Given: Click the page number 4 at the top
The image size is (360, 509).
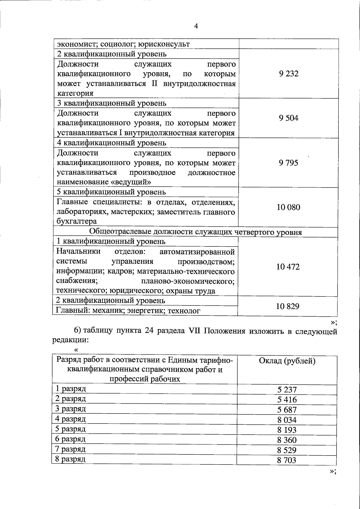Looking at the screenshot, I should (x=196, y=26).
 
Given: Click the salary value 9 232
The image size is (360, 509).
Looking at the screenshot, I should (x=288, y=74).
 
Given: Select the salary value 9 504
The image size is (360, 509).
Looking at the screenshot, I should (x=288, y=118).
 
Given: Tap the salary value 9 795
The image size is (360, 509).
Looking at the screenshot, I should (x=288, y=163).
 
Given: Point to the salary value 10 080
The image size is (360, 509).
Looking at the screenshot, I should (x=288, y=207).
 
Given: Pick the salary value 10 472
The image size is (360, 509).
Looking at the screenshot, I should (x=288, y=267).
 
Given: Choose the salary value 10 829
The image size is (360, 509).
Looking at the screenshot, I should (x=288, y=306).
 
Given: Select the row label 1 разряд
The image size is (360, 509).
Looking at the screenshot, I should (x=71, y=389).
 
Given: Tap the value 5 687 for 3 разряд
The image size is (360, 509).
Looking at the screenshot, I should (x=287, y=410).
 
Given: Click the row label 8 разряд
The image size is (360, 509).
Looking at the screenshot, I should (x=70, y=459).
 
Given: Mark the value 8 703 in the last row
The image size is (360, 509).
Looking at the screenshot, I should (x=286, y=460).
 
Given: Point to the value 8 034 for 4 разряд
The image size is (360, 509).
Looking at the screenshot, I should (x=287, y=420).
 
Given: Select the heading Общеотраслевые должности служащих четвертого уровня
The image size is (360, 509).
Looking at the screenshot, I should (x=196, y=232).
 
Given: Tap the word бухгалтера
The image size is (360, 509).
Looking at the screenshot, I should (x=77, y=221).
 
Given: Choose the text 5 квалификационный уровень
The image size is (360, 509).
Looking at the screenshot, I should (x=111, y=192).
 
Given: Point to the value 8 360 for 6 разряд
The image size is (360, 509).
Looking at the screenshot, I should (x=287, y=440).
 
